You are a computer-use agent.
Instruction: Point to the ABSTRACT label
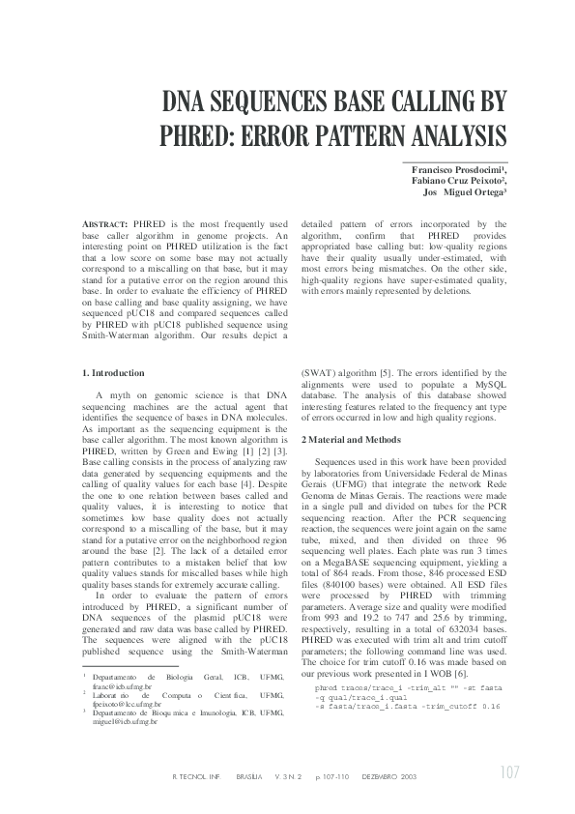coord(104,223)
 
